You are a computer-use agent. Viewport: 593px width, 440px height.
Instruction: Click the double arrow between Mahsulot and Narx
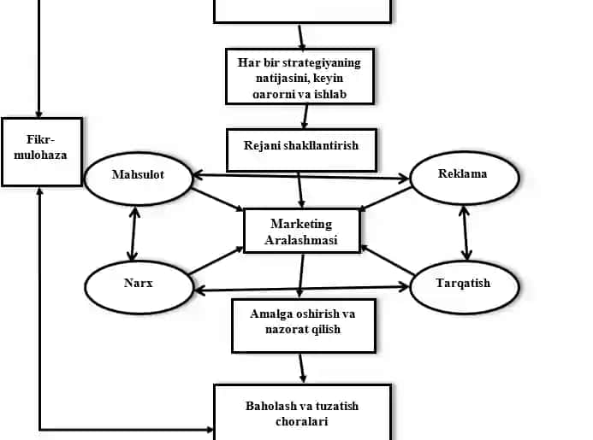click(133, 233)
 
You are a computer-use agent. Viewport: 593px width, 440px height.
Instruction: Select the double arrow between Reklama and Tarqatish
click(466, 233)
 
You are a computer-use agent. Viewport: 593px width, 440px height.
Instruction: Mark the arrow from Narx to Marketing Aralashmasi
click(216, 261)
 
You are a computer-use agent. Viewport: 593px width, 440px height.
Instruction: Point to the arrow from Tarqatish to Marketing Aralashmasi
click(388, 260)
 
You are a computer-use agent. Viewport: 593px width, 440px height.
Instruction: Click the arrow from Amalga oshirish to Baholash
click(302, 368)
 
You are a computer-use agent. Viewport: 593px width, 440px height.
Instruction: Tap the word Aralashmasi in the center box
click(301, 240)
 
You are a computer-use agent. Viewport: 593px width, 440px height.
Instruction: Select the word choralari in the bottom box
click(302, 421)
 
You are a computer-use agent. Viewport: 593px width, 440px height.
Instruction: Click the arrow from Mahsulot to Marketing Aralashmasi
click(217, 199)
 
